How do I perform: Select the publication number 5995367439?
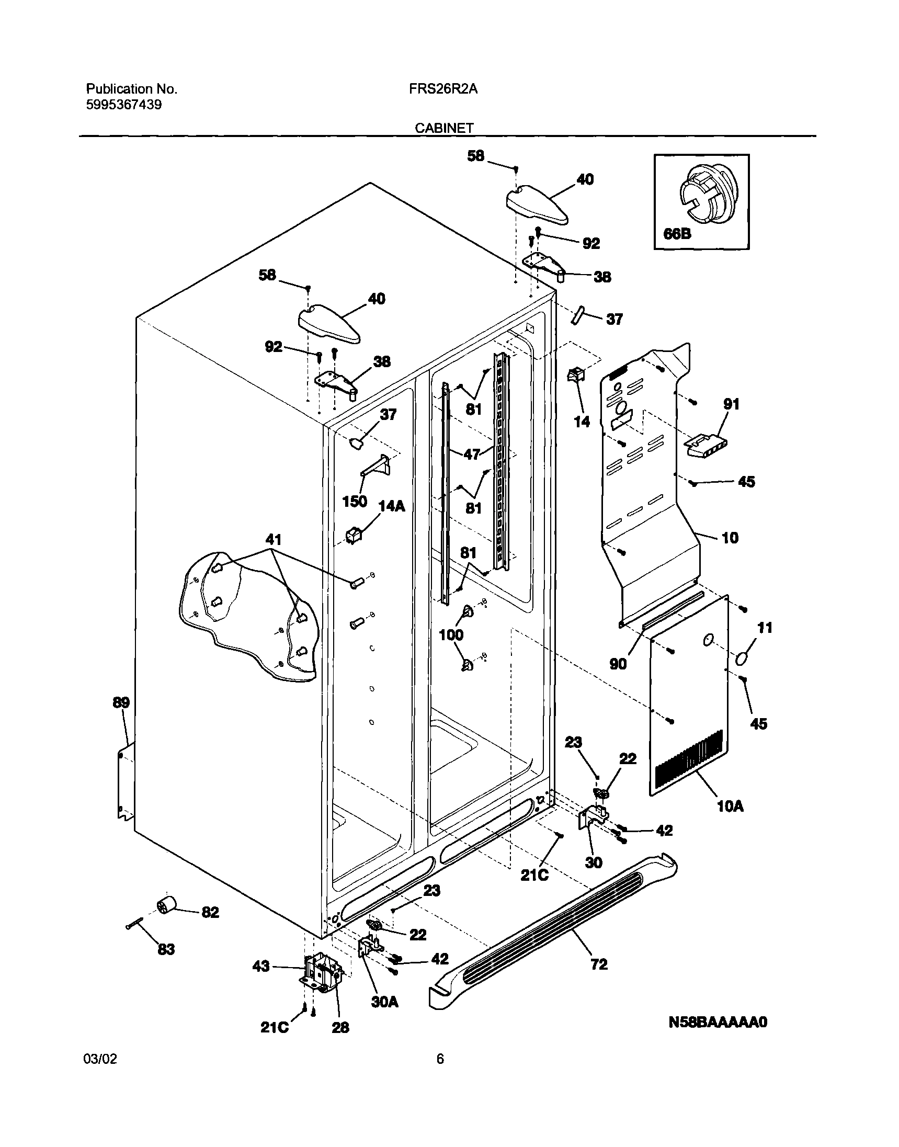[123, 105]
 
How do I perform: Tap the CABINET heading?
[444, 128]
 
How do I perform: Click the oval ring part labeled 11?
[743, 658]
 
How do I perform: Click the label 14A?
[392, 506]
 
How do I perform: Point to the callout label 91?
[731, 404]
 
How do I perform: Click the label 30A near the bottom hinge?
[384, 1002]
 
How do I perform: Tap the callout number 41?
[273, 540]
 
